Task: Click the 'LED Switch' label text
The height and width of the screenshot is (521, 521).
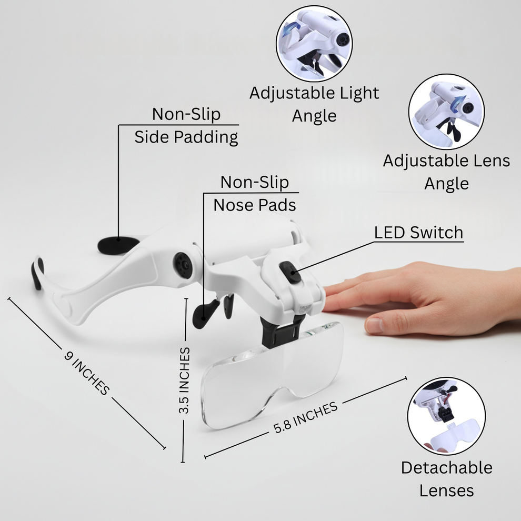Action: pos(418,233)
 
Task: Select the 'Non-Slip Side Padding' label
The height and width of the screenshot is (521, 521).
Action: pos(186,126)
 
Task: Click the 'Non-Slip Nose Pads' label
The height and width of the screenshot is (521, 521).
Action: pos(255,194)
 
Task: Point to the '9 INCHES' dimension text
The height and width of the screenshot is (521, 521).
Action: pos(87,373)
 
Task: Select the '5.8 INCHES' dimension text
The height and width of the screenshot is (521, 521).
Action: pos(305,418)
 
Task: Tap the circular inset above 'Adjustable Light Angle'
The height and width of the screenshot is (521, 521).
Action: pos(314,42)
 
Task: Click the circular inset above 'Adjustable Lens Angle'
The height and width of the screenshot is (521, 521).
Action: pos(446,112)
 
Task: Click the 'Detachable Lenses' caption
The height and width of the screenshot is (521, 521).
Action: pos(446,479)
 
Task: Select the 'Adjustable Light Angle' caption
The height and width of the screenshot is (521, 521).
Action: pos(314,104)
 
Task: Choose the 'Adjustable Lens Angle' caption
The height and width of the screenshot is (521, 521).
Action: pos(446,172)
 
